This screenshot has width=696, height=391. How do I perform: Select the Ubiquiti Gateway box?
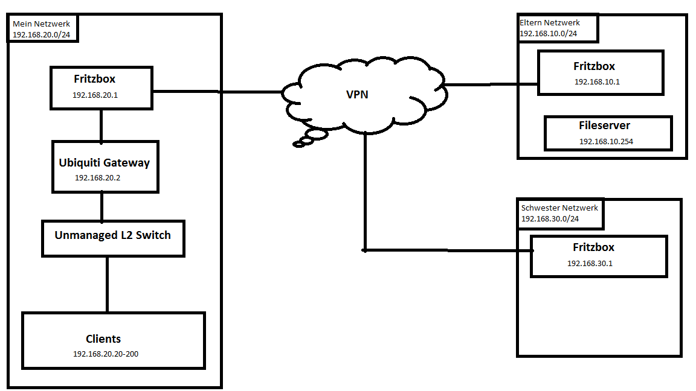[105, 167]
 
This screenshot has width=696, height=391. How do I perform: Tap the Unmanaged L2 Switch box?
[113, 238]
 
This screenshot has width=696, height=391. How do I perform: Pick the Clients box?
[114, 340]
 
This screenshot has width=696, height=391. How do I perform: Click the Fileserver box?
[608, 133]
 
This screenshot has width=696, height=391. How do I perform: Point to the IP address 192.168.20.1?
[94, 95]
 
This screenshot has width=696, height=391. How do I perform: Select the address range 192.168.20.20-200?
[105, 354]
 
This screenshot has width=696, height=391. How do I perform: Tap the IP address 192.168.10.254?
[606, 141]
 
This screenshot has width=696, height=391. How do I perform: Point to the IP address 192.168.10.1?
[596, 81]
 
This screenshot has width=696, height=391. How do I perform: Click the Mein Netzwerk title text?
[41, 24]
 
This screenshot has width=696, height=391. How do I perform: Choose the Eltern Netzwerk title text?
[550, 23]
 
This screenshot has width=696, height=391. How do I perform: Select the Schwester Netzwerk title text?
[559, 208]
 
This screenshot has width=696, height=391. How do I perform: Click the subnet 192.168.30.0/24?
[550, 218]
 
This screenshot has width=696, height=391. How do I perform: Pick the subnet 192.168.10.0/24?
[548, 33]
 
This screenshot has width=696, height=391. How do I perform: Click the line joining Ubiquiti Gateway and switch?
[101, 206]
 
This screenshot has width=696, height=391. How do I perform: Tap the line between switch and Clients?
[107, 284]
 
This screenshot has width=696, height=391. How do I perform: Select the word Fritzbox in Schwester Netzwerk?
[593, 247]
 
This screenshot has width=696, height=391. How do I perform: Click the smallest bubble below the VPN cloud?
[298, 144]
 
